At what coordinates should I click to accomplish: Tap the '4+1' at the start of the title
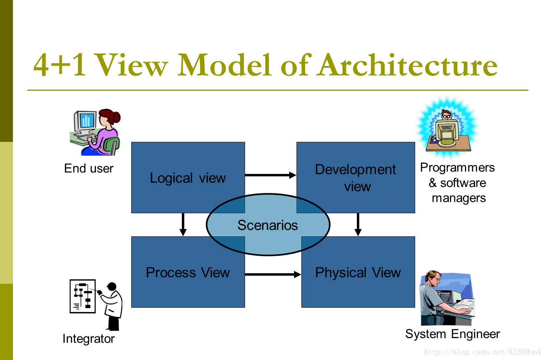[x=60, y=65]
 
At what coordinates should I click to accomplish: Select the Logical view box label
[x=188, y=178]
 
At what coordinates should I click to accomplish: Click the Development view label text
[x=356, y=178]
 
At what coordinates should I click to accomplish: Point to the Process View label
[x=188, y=272]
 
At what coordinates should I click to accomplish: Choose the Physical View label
[x=358, y=272]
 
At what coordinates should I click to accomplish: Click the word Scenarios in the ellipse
[x=268, y=225]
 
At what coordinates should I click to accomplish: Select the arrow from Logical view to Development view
[x=271, y=175]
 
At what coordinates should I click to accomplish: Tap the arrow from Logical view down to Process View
[x=183, y=225]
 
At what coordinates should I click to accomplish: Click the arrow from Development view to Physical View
[x=358, y=225]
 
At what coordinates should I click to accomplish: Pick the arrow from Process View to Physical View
[x=273, y=274]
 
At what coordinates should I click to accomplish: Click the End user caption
[x=89, y=168]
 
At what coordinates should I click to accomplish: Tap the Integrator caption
[x=88, y=339]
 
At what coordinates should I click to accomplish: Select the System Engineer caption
[x=452, y=334]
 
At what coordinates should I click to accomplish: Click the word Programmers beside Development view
[x=457, y=168]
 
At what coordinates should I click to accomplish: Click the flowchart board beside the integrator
[x=83, y=296]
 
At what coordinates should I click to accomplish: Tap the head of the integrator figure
[x=112, y=286]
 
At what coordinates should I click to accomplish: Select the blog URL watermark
[x=482, y=352]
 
